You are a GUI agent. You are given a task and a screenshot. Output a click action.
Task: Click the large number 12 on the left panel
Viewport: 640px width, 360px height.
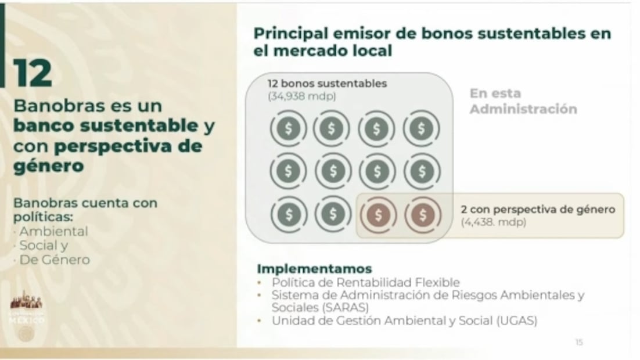click(x=33, y=72)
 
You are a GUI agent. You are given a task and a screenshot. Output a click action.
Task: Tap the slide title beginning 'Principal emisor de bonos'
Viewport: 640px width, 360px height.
click(x=432, y=42)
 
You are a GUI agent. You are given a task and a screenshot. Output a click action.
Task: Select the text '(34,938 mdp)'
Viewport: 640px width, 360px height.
click(x=302, y=96)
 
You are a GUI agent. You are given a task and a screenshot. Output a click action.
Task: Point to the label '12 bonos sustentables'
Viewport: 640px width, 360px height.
click(x=327, y=84)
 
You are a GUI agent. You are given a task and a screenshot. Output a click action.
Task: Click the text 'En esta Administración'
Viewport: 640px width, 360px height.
click(x=523, y=101)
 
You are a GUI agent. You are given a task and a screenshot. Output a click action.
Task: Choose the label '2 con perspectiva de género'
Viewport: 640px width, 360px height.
click(x=538, y=210)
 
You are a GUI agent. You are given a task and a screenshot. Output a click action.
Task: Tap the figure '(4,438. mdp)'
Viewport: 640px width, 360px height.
click(x=494, y=221)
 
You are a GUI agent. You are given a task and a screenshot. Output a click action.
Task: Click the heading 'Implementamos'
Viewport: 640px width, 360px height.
click(x=314, y=269)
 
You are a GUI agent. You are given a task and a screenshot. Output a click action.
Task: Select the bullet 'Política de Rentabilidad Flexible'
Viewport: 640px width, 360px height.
click(x=366, y=282)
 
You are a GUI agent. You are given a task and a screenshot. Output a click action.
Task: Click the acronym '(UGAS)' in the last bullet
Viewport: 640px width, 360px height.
click(x=516, y=320)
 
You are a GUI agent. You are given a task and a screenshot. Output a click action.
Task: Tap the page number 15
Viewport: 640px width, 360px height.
click(x=578, y=343)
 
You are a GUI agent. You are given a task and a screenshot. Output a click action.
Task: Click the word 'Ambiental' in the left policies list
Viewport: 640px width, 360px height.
click(x=54, y=231)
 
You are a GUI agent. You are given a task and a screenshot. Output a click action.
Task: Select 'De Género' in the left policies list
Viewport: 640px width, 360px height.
click(x=55, y=260)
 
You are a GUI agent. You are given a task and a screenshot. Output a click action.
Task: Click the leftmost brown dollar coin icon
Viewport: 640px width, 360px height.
click(x=378, y=215)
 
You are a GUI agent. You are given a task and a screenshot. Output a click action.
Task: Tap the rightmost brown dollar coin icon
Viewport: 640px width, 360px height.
click(x=423, y=215)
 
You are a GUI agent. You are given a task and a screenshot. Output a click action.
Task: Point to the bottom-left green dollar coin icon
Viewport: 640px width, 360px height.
click(x=288, y=215)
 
